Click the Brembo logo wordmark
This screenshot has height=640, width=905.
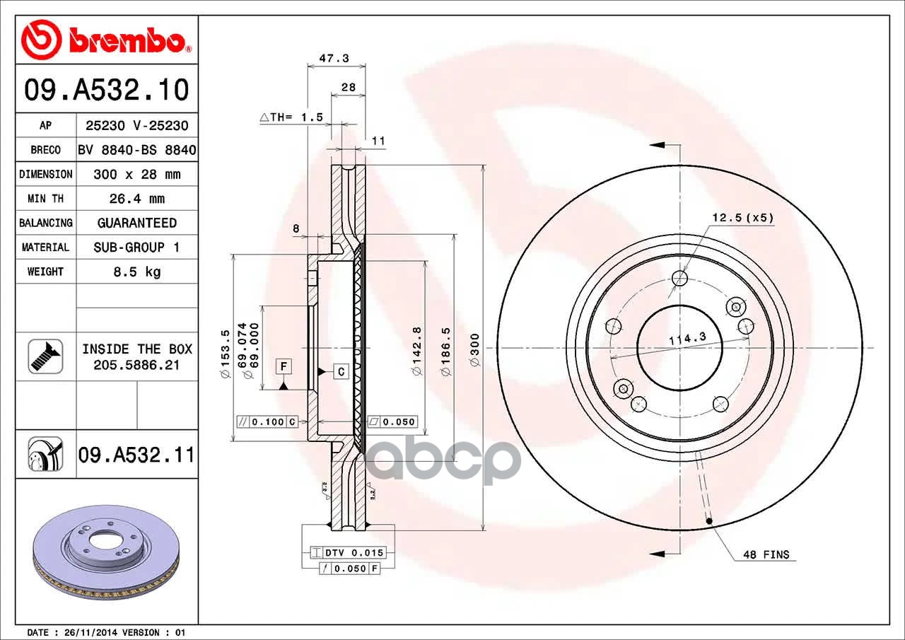point(127,40)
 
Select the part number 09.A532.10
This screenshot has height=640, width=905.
point(107,90)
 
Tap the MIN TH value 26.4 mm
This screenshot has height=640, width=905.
point(137,199)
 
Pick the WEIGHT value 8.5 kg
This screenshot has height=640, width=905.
point(137,272)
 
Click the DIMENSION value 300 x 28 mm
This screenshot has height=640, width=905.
point(137,174)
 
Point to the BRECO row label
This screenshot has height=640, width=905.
point(46,150)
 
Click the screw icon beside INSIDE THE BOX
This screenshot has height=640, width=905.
point(46,356)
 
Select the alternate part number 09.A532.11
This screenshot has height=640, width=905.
point(136,455)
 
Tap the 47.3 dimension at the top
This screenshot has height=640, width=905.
point(334,58)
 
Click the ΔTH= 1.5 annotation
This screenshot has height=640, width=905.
point(291,117)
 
